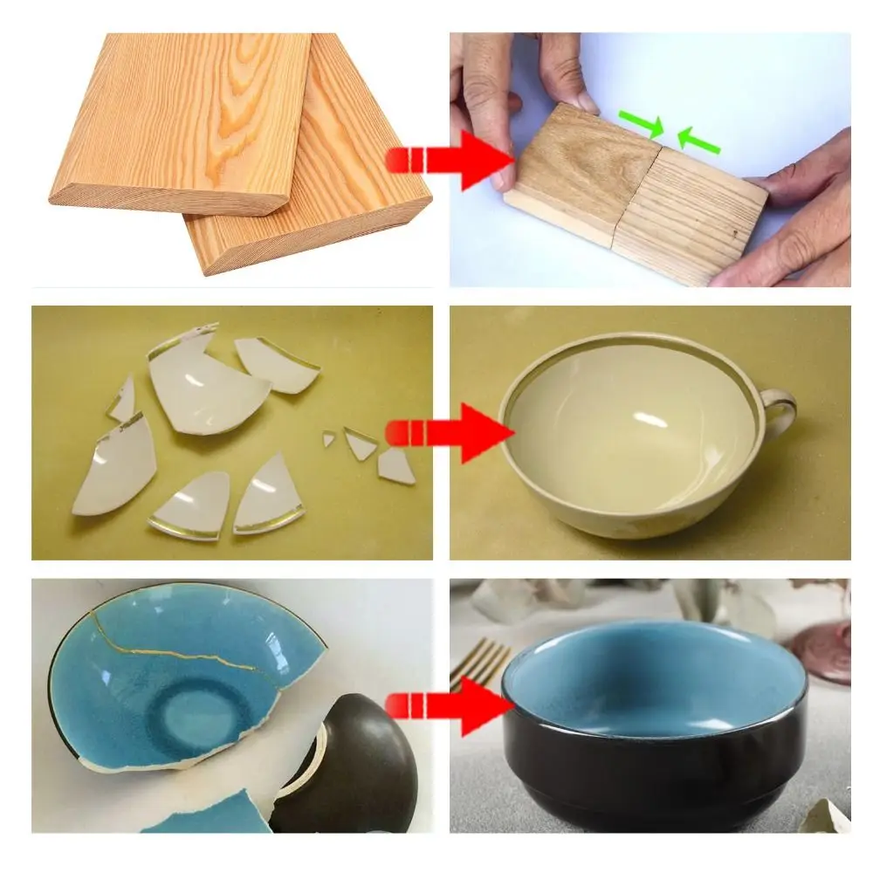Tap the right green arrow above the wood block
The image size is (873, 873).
[699, 140]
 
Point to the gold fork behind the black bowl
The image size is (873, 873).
[479, 663]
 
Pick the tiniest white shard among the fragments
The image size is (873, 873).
[329, 439]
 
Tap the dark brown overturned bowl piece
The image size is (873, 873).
[358, 768]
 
